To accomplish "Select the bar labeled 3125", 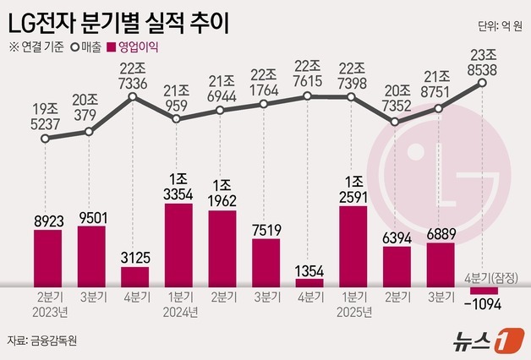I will click(135, 276).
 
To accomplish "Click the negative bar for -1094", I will click(484, 291).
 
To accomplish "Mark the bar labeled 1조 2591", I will click(353, 243).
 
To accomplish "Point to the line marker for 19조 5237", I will click(48, 139).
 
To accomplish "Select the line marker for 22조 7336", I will click(135, 98).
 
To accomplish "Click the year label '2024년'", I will click(178, 312).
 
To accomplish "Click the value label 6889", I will click(440, 232).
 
